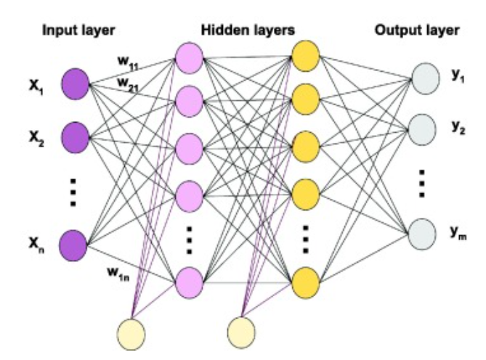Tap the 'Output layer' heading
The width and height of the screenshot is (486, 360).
(x=416, y=30)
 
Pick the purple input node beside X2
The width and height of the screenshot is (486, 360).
(x=76, y=134)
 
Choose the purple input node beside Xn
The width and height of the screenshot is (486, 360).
(x=76, y=242)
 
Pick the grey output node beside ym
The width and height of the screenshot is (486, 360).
(x=425, y=234)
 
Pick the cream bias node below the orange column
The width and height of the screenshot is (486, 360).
(x=242, y=332)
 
